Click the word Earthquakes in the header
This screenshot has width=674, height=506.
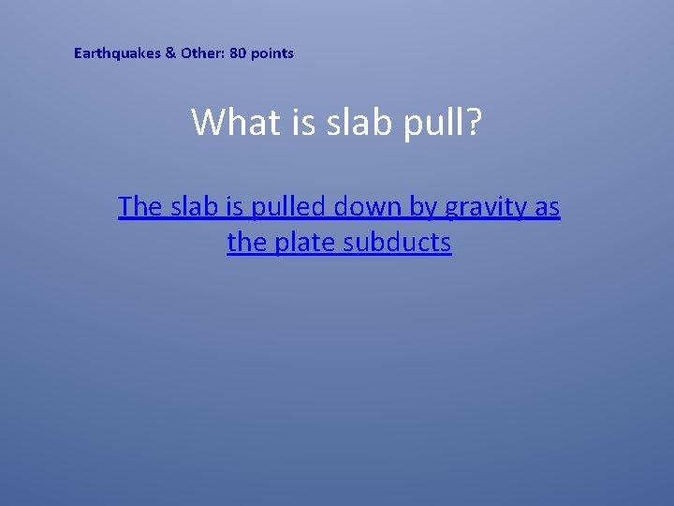pyautogui.click(x=117, y=53)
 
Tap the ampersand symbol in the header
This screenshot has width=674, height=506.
pyautogui.click(x=170, y=53)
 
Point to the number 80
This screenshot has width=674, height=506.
pyautogui.click(x=238, y=53)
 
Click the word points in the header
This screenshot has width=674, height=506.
pyautogui.click(x=272, y=53)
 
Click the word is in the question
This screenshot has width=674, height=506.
pyautogui.click(x=303, y=122)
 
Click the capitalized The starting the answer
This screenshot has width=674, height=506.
pyautogui.click(x=140, y=206)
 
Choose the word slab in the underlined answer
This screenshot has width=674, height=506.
pyautogui.click(x=194, y=206)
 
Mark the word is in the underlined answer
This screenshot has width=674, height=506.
pyautogui.click(x=234, y=206)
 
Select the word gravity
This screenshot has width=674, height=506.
pyautogui.click(x=486, y=207)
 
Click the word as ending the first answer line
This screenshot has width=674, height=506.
pyautogui.click(x=547, y=207)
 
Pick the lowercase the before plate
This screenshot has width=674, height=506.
pyautogui.click(x=247, y=243)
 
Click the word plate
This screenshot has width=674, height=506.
pyautogui.click(x=305, y=244)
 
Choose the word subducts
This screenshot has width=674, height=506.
pyautogui.click(x=398, y=243)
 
